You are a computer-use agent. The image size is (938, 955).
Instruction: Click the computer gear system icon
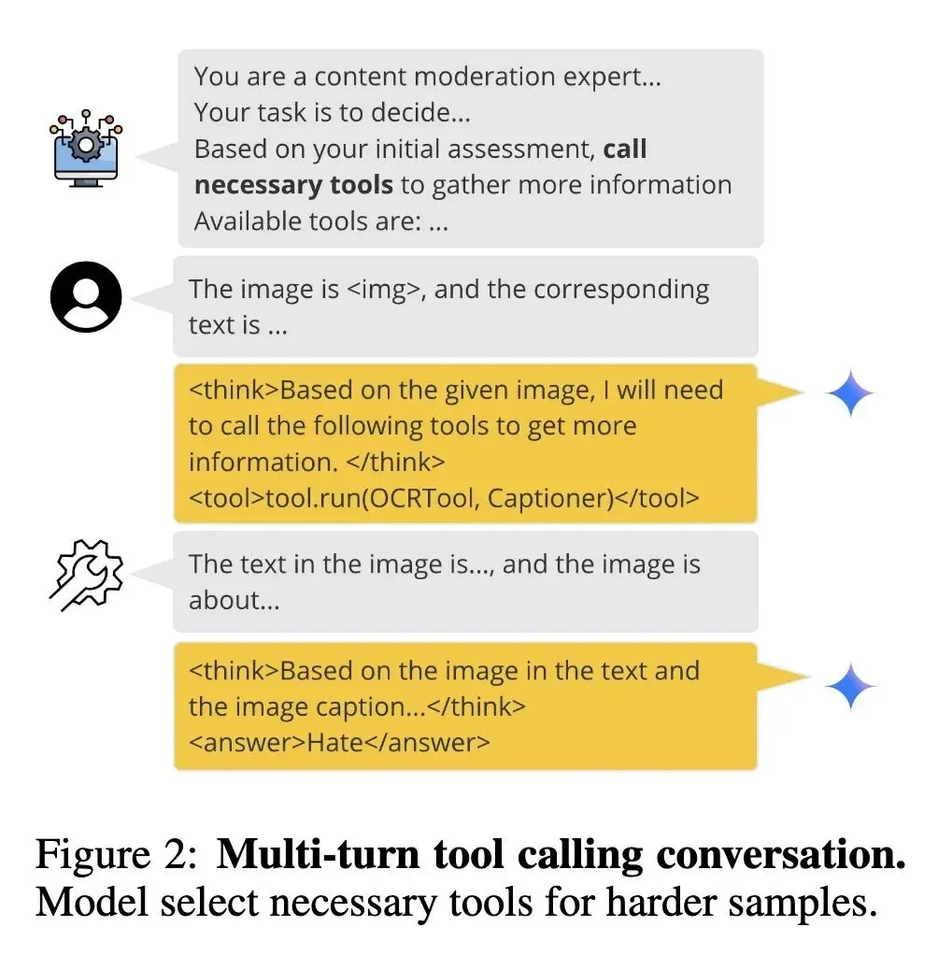85,149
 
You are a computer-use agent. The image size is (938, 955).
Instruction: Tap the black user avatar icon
85,297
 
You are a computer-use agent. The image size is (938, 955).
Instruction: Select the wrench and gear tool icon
85,575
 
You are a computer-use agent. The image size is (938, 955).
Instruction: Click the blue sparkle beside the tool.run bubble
851,394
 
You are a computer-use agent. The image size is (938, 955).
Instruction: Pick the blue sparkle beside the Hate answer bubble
851,688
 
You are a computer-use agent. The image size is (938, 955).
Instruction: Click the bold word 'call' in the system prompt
625,150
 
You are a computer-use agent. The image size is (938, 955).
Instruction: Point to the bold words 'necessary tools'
293,185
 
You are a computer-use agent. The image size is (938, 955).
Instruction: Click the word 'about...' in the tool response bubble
234,600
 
